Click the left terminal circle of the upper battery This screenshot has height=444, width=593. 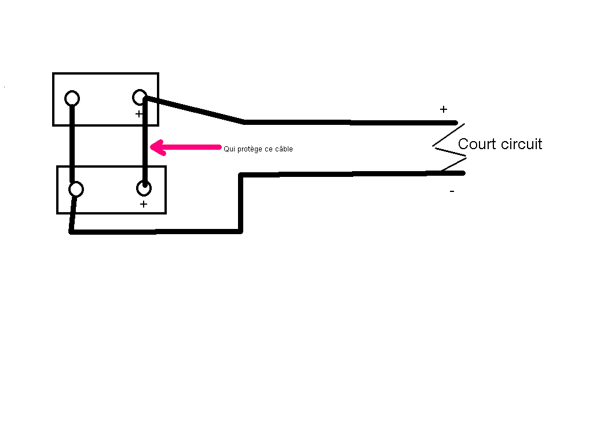click(x=72, y=92)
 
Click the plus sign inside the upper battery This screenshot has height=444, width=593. click(x=139, y=114)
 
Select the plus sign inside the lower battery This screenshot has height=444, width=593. click(x=144, y=204)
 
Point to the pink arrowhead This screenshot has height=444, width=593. click(x=158, y=147)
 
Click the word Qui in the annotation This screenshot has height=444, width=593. click(x=229, y=149)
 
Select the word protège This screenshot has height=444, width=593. click(x=250, y=150)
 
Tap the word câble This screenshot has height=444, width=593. click(x=284, y=149)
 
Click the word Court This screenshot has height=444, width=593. click(x=477, y=144)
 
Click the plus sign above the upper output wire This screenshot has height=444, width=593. click(x=444, y=109)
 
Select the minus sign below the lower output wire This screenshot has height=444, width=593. click(x=452, y=191)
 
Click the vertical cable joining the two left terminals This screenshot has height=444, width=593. click(x=72, y=143)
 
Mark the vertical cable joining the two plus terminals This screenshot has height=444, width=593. click(x=145, y=142)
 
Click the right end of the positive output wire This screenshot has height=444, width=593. click(x=456, y=123)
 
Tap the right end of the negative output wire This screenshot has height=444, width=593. click(x=463, y=173)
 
